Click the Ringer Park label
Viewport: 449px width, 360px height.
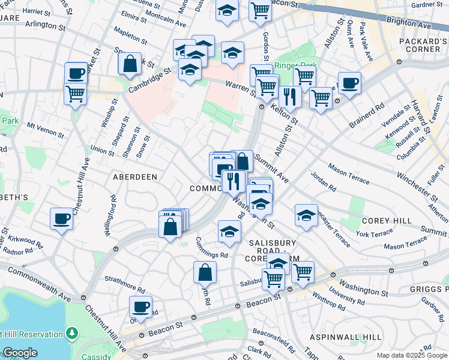[x=291, y=65]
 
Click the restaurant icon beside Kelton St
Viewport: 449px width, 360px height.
[x=290, y=96]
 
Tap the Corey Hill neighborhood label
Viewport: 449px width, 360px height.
[x=387, y=220]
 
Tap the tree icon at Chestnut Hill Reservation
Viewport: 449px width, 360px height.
[x=72, y=332]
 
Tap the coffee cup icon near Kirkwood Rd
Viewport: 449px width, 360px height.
[x=61, y=218]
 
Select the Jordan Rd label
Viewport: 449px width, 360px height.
[x=324, y=182]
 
